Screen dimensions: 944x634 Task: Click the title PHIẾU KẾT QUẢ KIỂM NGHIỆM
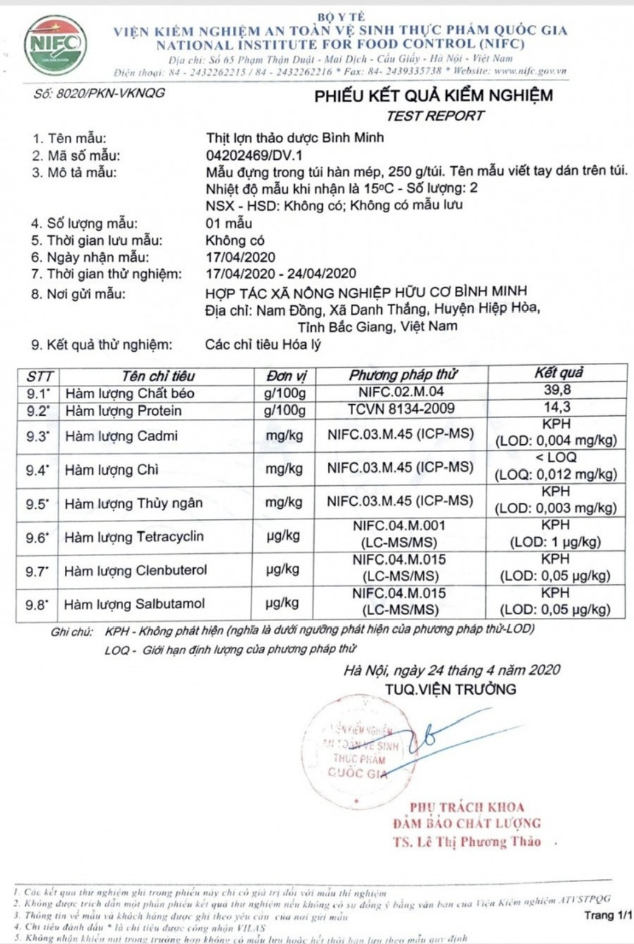coord(433,96)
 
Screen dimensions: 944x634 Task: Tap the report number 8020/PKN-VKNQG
coord(100,93)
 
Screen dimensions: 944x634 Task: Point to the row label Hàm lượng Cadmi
coord(121,436)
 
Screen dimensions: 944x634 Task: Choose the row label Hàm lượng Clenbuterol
coord(136,570)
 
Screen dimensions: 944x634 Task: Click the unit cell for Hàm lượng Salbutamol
coord(283,604)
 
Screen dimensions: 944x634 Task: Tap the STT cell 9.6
coord(37,537)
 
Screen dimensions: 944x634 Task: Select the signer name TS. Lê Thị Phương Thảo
coord(466,841)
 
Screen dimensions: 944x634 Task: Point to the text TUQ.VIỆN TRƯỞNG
coord(450,690)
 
